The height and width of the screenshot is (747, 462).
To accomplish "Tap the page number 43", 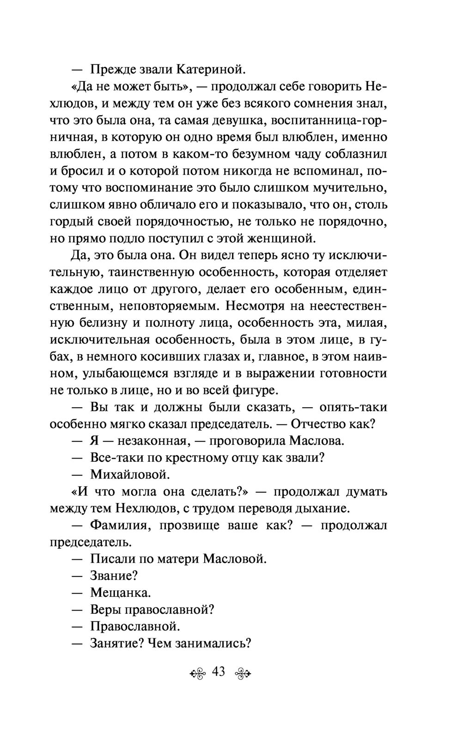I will pos(218,671).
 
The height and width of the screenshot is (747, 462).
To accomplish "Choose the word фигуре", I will pos(256,390).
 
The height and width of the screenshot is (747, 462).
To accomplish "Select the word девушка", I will pos(238,120).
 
